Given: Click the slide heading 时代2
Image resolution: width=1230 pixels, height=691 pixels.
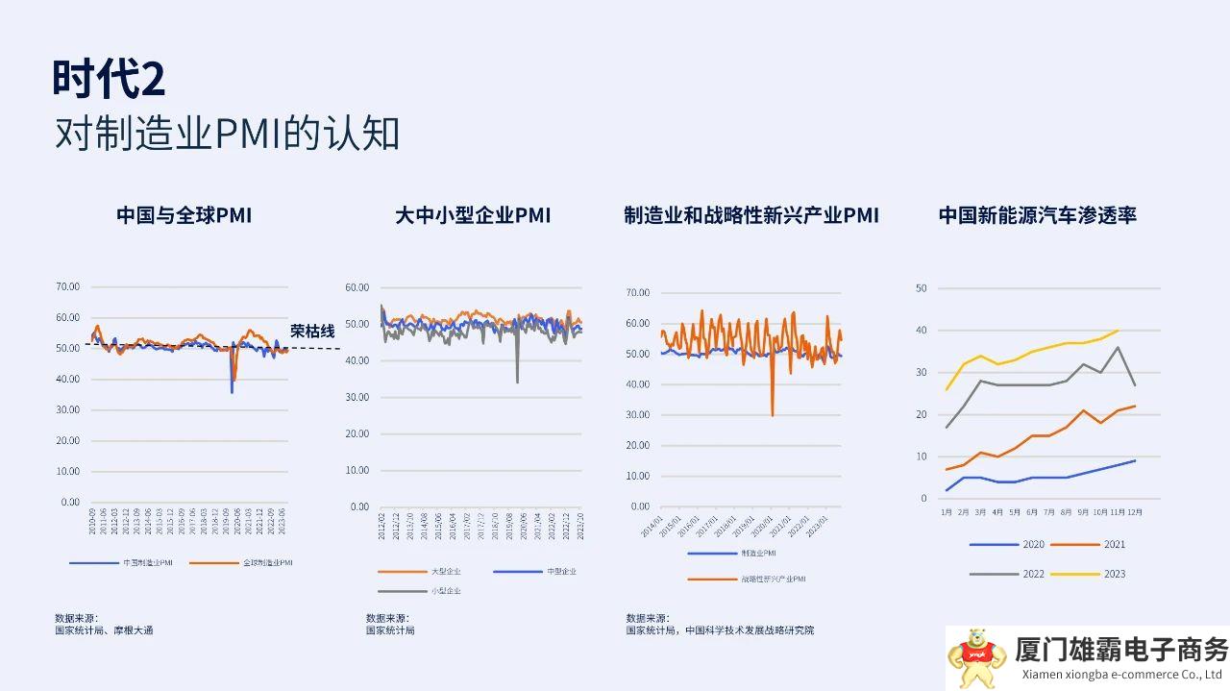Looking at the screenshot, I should [x=109, y=79].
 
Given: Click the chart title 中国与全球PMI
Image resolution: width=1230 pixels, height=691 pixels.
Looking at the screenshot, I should [x=184, y=215].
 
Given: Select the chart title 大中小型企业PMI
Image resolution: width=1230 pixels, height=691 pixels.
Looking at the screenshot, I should [x=473, y=215].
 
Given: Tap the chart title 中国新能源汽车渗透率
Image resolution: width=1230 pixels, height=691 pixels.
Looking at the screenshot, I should [x=1038, y=215].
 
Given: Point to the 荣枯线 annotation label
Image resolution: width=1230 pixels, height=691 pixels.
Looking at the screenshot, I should [x=312, y=332].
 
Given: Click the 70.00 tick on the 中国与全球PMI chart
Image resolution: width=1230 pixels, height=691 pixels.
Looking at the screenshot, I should [x=67, y=286].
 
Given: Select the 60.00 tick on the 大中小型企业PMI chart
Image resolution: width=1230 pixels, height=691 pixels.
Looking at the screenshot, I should [x=357, y=287].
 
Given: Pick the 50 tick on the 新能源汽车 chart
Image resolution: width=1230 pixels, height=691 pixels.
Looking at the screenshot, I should [x=922, y=288].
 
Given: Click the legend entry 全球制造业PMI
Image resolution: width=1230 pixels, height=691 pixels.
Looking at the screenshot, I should [x=267, y=562].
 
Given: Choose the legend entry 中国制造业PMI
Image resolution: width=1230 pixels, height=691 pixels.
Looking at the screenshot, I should [x=147, y=562].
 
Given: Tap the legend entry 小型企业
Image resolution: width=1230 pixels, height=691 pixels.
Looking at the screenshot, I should [x=445, y=591].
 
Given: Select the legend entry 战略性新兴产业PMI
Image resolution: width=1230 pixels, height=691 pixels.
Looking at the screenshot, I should [x=772, y=579].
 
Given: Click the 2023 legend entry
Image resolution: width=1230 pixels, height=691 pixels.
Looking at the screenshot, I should [x=1115, y=574].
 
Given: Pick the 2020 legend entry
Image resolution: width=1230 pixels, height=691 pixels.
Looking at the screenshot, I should [x=1033, y=545].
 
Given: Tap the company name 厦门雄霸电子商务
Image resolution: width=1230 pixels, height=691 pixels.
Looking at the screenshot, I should [x=1121, y=650].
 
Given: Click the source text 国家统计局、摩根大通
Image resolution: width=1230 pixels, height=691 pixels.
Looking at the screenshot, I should [x=104, y=630].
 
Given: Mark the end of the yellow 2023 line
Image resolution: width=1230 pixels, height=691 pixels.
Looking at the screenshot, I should [x=1118, y=331].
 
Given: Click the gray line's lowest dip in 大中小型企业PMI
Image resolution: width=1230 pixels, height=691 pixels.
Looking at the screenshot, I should [x=517, y=382].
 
